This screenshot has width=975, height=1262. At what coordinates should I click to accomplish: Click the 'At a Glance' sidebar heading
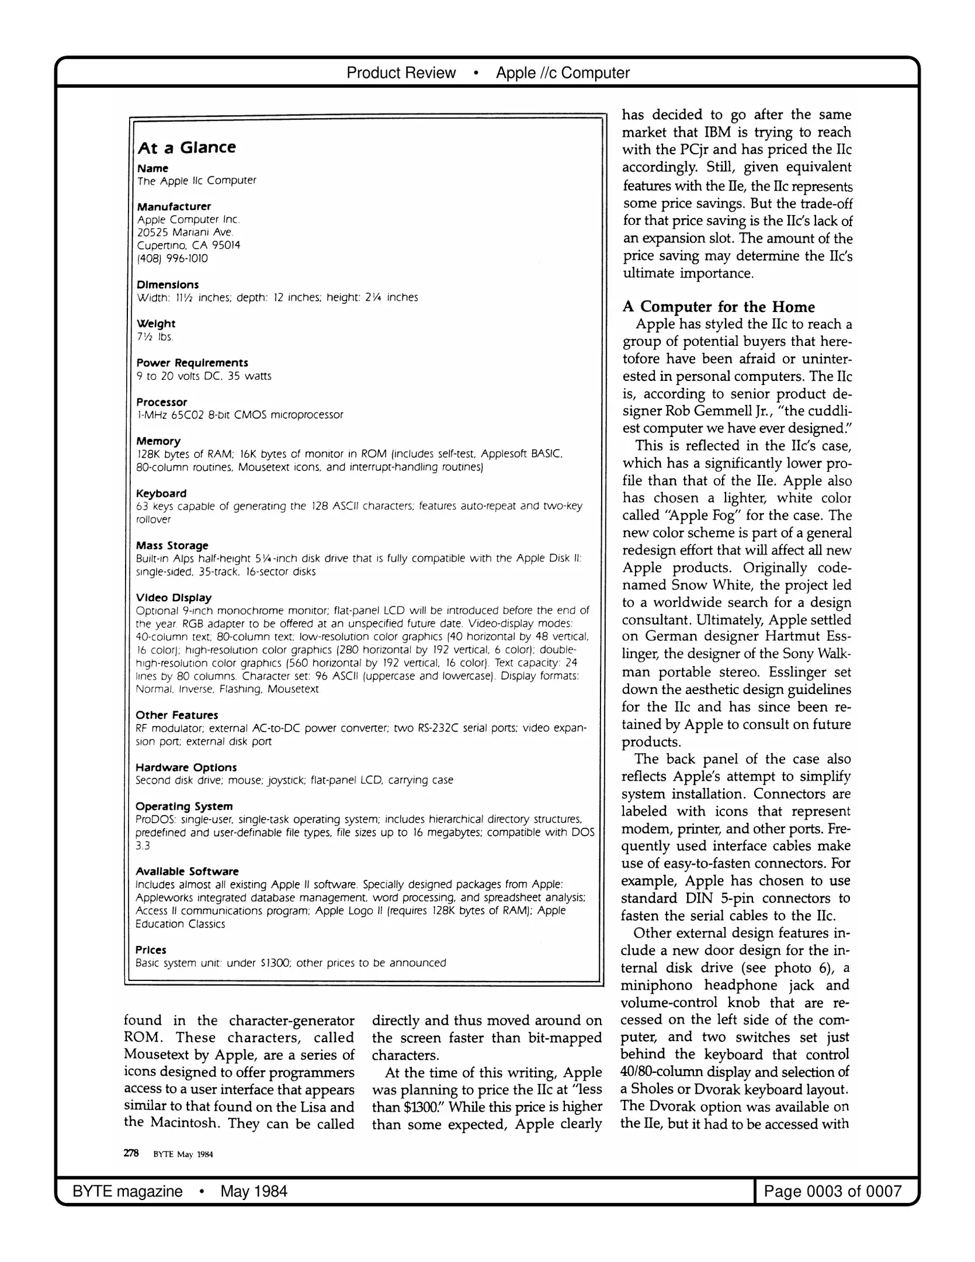pos(186,147)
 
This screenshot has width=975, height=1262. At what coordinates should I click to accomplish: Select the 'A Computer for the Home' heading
pos(718,307)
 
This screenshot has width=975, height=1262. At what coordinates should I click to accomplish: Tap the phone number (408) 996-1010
pos(172,258)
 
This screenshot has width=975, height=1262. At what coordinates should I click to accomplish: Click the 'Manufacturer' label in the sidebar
pos(174,206)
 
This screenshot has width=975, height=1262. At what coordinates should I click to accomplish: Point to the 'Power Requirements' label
pos(192,363)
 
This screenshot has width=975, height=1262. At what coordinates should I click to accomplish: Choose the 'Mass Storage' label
pos(172,545)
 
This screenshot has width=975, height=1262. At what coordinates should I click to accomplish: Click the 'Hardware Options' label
pos(186,767)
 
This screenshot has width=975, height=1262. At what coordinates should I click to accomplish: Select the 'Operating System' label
pos(184,806)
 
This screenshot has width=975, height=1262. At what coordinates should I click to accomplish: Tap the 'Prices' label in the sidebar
pos(151,950)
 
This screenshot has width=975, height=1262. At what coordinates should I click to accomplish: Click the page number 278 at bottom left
pos(131,1153)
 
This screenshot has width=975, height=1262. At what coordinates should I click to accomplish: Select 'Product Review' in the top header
pos(401,73)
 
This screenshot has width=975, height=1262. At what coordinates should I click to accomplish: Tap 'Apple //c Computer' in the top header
pos(563,73)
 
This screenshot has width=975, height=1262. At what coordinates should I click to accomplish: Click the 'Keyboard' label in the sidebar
pos(161,493)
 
